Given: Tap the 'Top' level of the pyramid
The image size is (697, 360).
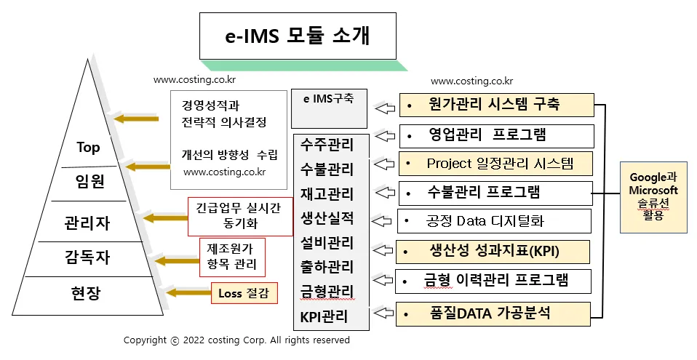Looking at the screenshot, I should pyautogui.click(x=88, y=148).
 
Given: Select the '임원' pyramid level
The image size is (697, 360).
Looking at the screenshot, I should pyautogui.click(x=88, y=180).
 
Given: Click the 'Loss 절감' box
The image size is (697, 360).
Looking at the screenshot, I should pyautogui.click(x=244, y=294).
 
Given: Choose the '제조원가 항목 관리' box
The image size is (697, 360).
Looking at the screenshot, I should pyautogui.click(x=231, y=256).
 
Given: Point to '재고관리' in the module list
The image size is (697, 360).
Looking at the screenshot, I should pyautogui.click(x=327, y=194).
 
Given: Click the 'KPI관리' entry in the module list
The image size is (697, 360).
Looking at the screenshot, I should pyautogui.click(x=324, y=316).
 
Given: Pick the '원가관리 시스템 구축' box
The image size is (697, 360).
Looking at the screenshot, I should pyautogui.click(x=496, y=105).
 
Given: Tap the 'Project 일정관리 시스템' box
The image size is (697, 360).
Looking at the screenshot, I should pyautogui.click(x=496, y=164).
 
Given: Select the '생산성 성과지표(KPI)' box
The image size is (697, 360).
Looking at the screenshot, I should pyautogui.click(x=493, y=252).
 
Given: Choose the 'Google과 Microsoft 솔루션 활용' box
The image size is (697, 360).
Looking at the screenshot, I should pyautogui.click(x=653, y=197).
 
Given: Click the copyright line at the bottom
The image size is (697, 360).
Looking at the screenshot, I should pyautogui.click(x=236, y=340).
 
